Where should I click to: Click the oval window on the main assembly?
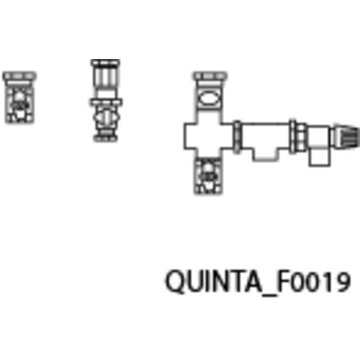[x=209, y=98]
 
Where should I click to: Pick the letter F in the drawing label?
[x=284, y=281]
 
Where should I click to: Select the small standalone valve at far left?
[x=19, y=97]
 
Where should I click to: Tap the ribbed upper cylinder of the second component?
[x=105, y=77]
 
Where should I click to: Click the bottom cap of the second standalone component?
[x=105, y=137]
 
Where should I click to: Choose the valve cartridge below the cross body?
[x=208, y=176]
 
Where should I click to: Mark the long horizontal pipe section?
[x=265, y=136]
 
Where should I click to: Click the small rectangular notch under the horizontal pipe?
[x=264, y=155]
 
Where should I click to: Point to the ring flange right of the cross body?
[x=237, y=137]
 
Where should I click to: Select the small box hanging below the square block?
[x=319, y=158]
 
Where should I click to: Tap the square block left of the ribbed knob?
[x=318, y=138]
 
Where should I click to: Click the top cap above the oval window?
[x=210, y=76]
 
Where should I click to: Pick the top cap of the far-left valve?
[x=19, y=76]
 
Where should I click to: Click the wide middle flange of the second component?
[x=106, y=102]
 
